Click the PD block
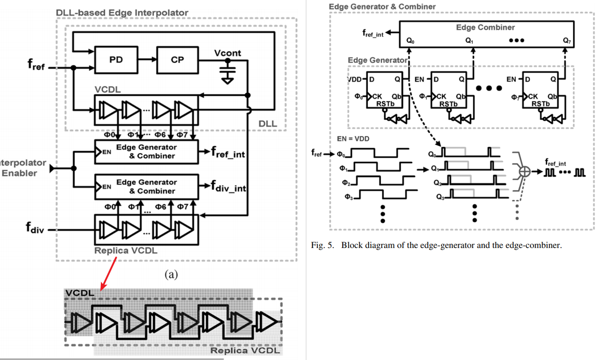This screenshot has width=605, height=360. (x=116, y=60)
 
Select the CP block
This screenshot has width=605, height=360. (x=177, y=60)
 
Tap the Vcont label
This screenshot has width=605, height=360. (x=227, y=53)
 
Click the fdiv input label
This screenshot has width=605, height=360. (x=35, y=230)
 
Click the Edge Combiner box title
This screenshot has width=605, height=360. (x=485, y=27)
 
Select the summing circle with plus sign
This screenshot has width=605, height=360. (x=524, y=172)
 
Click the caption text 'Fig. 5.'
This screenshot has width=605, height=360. (x=322, y=245)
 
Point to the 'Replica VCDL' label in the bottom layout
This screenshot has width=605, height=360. (x=245, y=350)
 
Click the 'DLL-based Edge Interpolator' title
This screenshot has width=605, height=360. (x=122, y=13)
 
